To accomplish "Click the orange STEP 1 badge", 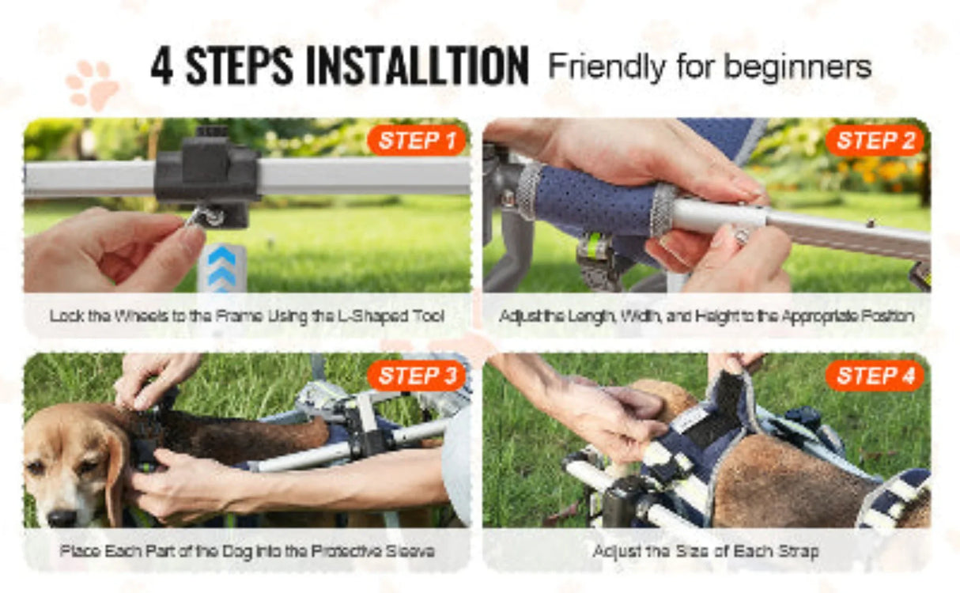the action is [x=417, y=141].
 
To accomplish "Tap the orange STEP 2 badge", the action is [x=875, y=141].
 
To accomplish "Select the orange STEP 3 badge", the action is [x=417, y=376].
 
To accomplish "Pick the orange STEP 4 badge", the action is [x=875, y=376].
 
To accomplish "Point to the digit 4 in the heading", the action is [x=162, y=66].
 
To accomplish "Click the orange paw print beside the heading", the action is [x=93, y=85].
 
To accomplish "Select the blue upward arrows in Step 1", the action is [x=222, y=269].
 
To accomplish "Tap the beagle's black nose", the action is [x=62, y=518].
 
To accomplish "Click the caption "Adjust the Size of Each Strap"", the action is [x=706, y=551].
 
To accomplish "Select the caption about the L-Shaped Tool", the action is [x=247, y=316].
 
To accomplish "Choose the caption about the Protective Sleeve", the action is [x=247, y=551].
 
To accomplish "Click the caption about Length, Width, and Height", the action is [x=707, y=316].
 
